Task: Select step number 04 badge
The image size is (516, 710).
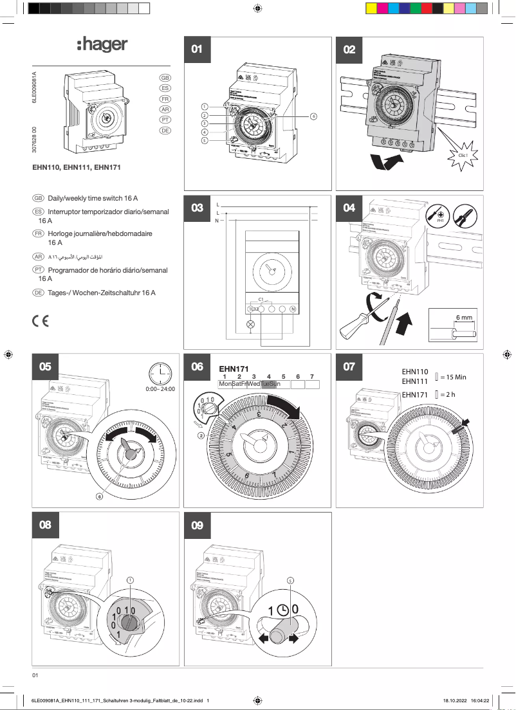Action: pyautogui.click(x=349, y=208)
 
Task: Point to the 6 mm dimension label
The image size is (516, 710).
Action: pyautogui.click(x=464, y=318)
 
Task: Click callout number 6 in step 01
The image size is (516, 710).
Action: pyautogui.click(x=313, y=116)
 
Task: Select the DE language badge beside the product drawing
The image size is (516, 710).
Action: pyautogui.click(x=165, y=131)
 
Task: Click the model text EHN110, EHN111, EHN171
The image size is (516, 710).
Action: pyautogui.click(x=77, y=167)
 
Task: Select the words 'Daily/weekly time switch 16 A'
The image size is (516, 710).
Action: pyautogui.click(x=93, y=198)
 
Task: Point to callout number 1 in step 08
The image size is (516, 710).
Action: pyautogui.click(x=130, y=579)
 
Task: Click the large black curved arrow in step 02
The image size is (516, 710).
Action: pyautogui.click(x=389, y=162)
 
